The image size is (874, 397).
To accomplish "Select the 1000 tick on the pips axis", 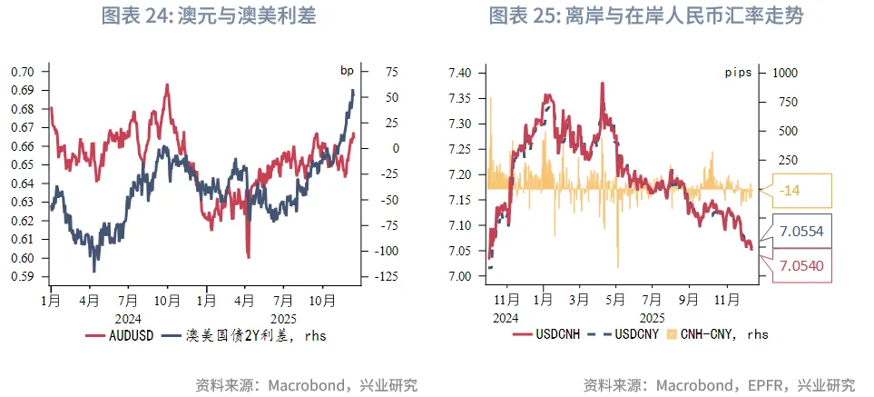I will point(784,72).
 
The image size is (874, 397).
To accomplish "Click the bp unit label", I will point(346,70).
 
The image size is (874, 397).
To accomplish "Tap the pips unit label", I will point(737,73).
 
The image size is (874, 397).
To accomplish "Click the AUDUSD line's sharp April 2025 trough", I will point(248,256).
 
